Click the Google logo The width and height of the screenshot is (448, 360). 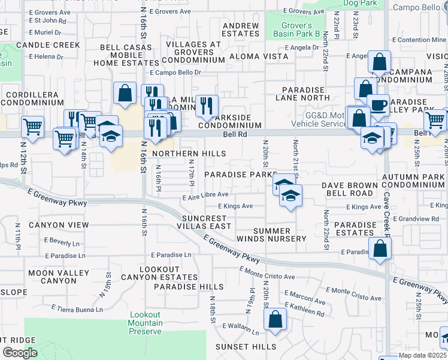click(20, 353)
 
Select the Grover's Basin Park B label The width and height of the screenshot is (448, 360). click(297, 29)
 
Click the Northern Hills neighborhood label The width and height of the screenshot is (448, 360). click(189, 154)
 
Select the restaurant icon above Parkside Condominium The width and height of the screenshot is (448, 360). click(207, 106)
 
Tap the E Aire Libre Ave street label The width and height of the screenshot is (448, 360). click(205, 194)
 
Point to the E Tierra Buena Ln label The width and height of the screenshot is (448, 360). click(77, 309)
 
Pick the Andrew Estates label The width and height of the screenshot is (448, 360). click(241, 30)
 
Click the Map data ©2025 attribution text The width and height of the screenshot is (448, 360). click(422, 355)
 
